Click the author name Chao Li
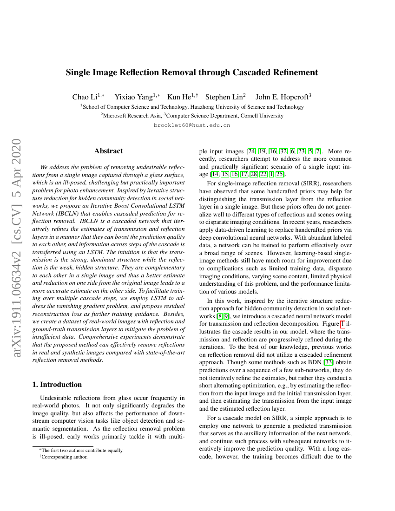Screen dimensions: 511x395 coord(85,97)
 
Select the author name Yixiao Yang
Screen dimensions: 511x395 coord(134,97)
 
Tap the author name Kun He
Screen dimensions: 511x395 coord(179,97)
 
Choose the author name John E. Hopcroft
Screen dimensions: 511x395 coord(282,97)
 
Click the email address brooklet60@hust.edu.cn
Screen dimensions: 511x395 coord(191,125)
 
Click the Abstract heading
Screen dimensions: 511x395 coord(108,151)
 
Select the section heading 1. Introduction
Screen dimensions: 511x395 coord(57,385)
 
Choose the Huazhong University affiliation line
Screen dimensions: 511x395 coord(191,107)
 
